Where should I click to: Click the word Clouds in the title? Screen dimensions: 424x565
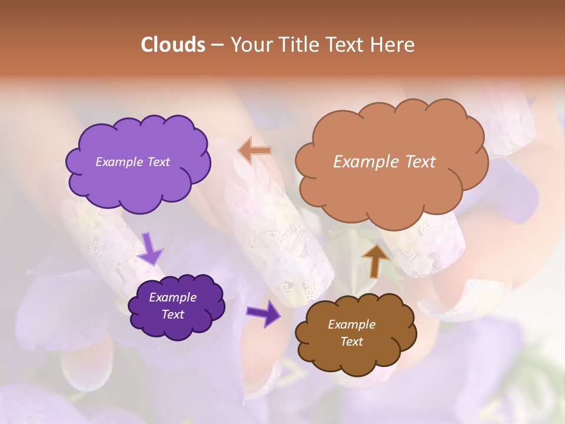pyautogui.click(x=173, y=45)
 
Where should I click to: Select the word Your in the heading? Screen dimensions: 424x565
pyautogui.click(x=248, y=45)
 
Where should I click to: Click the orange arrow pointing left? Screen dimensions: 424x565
pyautogui.click(x=254, y=151)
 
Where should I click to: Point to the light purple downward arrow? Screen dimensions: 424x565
pyautogui.click(x=151, y=248)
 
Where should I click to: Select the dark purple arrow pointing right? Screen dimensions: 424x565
pyautogui.click(x=264, y=313)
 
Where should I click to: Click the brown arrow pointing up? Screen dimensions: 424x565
pyautogui.click(x=375, y=260)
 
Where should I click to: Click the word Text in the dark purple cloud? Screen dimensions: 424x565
pyautogui.click(x=172, y=314)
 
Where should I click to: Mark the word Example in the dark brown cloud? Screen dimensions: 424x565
pyautogui.click(x=351, y=324)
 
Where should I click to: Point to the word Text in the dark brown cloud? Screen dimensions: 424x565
pyautogui.click(x=351, y=342)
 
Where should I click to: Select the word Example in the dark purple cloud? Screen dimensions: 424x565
pyautogui.click(x=172, y=297)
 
